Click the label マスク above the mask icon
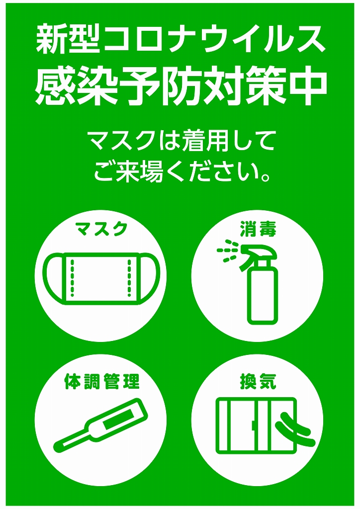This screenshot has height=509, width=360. tap(100, 229)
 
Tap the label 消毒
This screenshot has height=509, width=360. tap(259, 229)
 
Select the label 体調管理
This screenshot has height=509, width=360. tap(101, 381)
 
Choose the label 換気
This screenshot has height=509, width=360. tap(259, 381)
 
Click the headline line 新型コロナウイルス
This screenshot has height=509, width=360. tap(180, 41)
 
